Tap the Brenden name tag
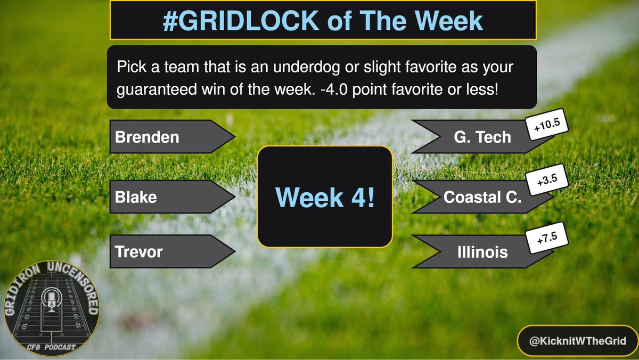pyautogui.click(x=148, y=137)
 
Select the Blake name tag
pyautogui.click(x=136, y=197)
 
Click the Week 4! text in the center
pyautogui.click(x=325, y=197)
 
